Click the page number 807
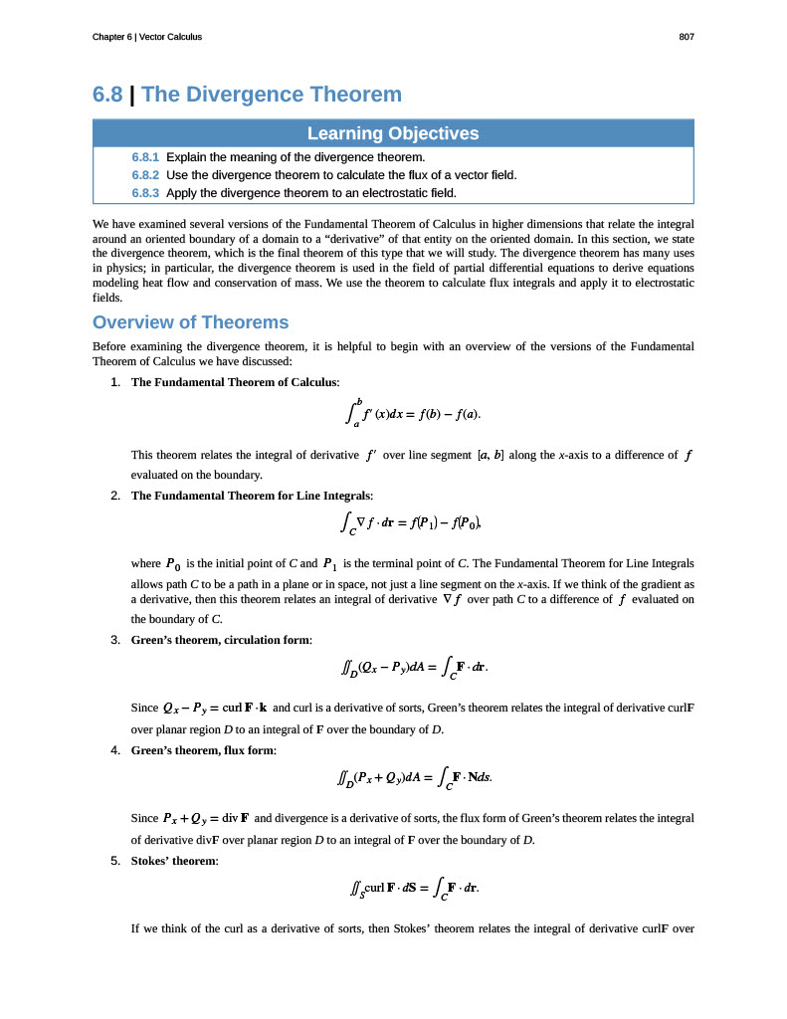pos(686,37)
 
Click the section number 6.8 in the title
pos(107,95)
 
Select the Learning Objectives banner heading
pos(393,133)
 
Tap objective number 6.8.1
pos(145,157)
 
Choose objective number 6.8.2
pos(145,174)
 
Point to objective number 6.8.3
pos(145,192)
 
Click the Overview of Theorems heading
pos(190,322)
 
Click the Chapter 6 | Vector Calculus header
pos(146,37)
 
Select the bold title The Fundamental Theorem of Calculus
pos(235,382)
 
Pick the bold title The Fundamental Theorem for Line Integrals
pos(252,496)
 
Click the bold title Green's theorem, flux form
pos(204,750)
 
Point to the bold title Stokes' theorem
pos(174,861)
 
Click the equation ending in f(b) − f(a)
pos(417,413)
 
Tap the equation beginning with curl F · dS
pos(409,888)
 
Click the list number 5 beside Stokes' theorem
pos(116,861)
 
